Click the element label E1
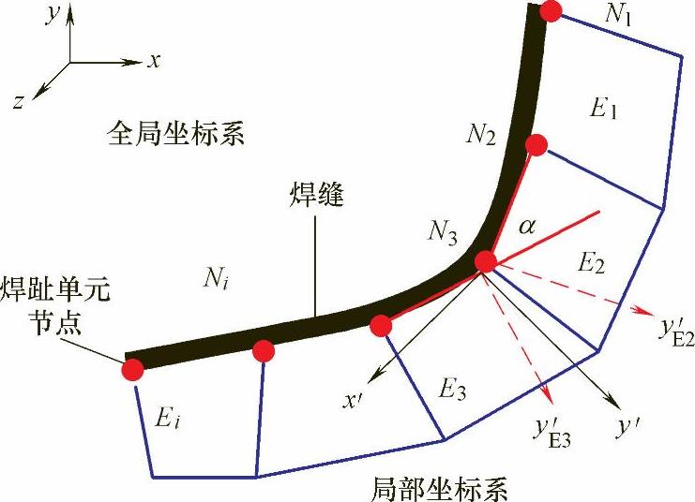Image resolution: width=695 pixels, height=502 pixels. point(601,110)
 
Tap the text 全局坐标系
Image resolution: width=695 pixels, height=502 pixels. point(176,136)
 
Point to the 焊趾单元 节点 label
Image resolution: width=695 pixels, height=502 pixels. point(54,304)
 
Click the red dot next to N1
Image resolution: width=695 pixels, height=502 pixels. point(551,11)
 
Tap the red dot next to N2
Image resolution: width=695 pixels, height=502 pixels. point(536,144)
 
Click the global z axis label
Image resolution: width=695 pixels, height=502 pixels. point(18,102)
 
